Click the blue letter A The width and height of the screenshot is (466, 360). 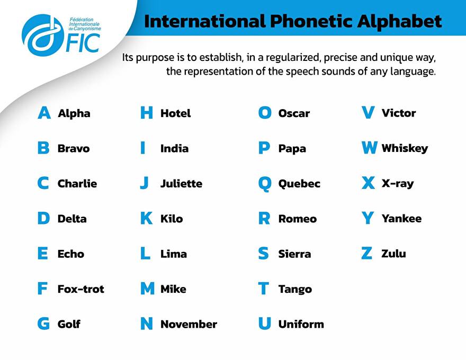point(44,113)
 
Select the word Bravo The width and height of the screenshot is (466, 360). point(74,148)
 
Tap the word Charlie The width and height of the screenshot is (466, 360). point(77,183)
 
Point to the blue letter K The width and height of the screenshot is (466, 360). point(147,218)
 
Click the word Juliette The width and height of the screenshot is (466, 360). point(181,183)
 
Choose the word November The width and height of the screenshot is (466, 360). point(189,324)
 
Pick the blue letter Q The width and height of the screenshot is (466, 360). point(265,184)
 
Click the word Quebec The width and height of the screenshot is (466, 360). point(299,184)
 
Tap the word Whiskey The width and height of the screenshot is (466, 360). point(405,148)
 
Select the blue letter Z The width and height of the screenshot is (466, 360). point(367,254)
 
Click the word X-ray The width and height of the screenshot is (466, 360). point(398,184)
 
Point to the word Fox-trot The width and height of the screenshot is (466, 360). point(81,289)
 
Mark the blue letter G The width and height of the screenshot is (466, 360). point(43,324)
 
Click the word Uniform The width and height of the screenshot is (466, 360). point(301,324)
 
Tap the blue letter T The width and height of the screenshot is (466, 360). point(264,289)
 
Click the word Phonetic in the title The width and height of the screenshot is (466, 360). point(310,21)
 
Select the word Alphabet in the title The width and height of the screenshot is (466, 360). point(399,21)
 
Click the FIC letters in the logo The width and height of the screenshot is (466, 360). point(83,43)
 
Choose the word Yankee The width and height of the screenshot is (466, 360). point(401,218)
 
